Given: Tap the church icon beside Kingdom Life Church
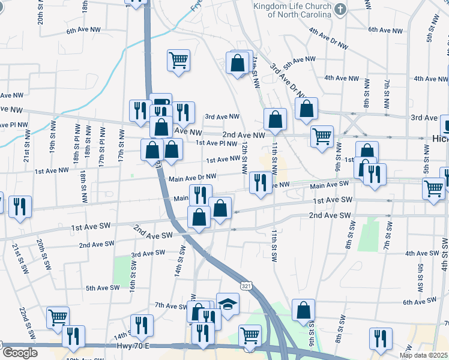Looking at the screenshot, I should click(x=340, y=9).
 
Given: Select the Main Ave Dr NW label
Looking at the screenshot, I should click(x=192, y=178).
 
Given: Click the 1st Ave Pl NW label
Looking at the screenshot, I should click(x=217, y=143).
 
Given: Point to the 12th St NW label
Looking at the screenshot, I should click(x=245, y=157).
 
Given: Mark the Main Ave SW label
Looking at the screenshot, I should click(x=330, y=185).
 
